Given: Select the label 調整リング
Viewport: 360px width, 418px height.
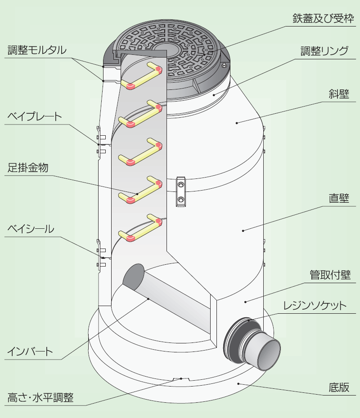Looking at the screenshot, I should pyautogui.click(x=324, y=51).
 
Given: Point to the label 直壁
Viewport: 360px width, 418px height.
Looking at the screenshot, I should pyautogui.click(x=339, y=198).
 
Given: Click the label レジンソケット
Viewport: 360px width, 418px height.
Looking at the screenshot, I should pyautogui.click(x=315, y=306).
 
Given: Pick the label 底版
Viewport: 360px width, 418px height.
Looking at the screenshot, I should pyautogui.click(x=339, y=387).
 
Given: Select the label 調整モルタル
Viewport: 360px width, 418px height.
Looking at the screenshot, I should pyautogui.click(x=37, y=50).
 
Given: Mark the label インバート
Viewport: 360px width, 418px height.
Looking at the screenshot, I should pyautogui.click(x=30, y=351).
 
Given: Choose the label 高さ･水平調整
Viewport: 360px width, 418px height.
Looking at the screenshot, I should pyautogui.click(x=40, y=398).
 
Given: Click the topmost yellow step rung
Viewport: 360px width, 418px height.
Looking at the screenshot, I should pyautogui.click(x=142, y=76).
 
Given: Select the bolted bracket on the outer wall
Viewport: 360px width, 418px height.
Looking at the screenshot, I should pyautogui.click(x=180, y=192).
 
